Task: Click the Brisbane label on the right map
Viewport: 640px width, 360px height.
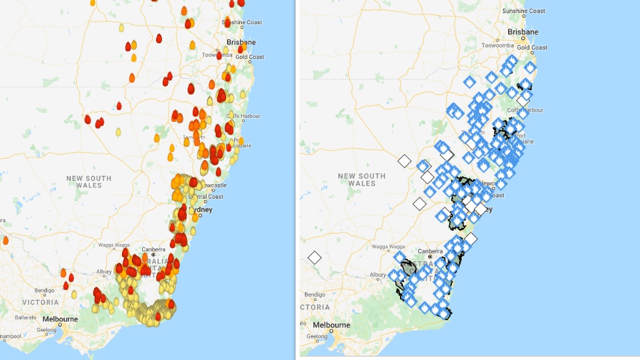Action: [523, 32]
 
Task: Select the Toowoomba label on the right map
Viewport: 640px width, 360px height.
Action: [497, 46]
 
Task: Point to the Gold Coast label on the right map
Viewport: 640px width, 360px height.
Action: [532, 48]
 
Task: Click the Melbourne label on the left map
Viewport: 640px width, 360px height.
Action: [60, 319]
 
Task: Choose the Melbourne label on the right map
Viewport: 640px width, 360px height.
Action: [331, 325]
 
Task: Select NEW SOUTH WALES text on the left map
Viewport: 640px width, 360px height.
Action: [89, 182]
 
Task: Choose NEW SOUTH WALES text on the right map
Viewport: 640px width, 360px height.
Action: [361, 180]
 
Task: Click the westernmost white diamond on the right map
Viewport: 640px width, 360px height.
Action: [315, 258]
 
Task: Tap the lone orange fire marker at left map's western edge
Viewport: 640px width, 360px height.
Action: [5, 240]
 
